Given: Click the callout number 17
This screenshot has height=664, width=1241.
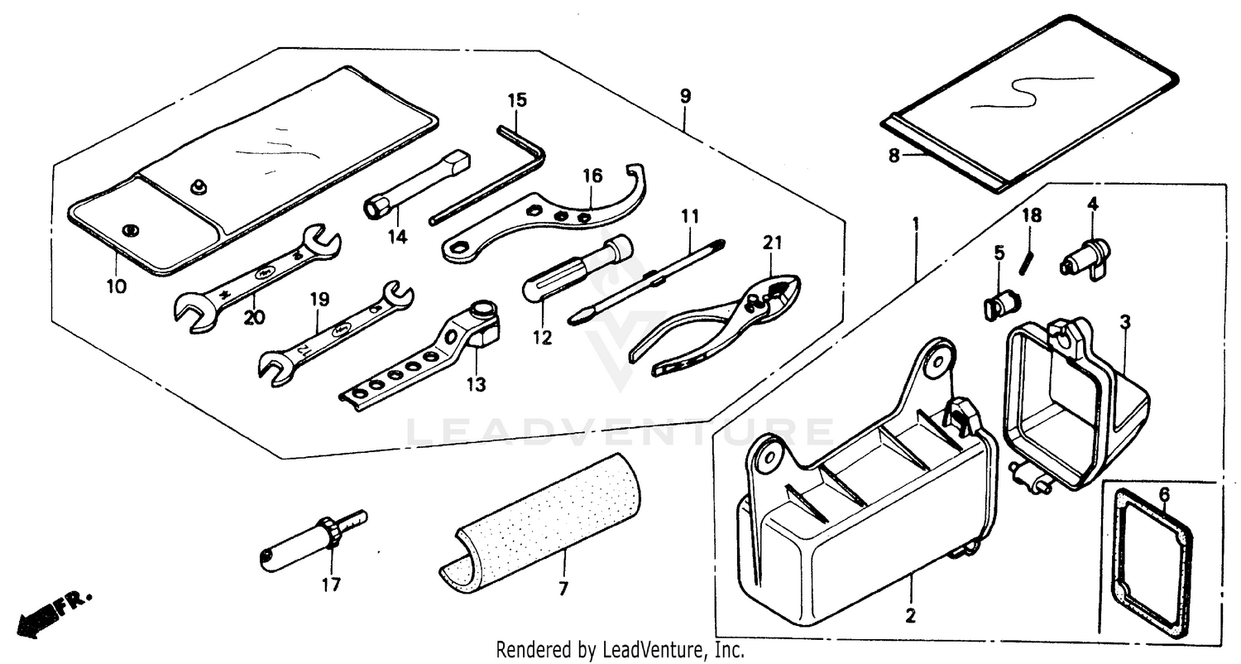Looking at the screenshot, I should (x=331, y=585).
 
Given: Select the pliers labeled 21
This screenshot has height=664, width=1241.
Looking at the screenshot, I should (x=720, y=323).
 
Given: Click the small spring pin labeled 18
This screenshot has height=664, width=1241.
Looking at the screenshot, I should (x=1028, y=258).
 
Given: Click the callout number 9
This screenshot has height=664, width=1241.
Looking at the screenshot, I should (x=685, y=96).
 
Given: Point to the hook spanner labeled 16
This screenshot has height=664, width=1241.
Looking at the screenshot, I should (x=546, y=224).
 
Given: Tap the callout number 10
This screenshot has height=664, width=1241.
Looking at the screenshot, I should (x=116, y=287).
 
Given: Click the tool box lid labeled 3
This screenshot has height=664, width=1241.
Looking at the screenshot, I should (x=1076, y=406).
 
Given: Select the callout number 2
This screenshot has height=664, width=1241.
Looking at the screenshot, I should (x=910, y=615).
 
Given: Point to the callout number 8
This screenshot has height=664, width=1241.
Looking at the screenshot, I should (x=894, y=155).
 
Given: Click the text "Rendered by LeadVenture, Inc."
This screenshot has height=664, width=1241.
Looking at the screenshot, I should (x=620, y=651).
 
